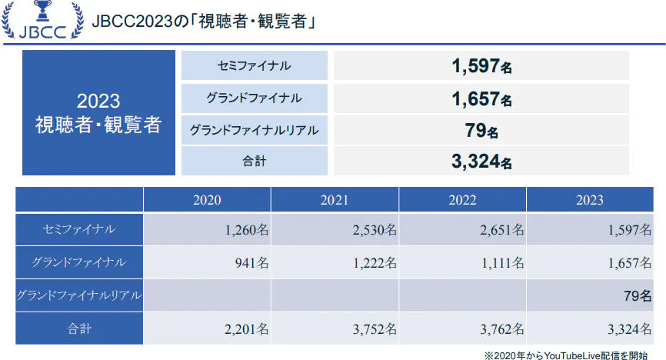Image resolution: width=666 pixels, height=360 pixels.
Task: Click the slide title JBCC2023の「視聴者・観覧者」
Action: pos(205,22)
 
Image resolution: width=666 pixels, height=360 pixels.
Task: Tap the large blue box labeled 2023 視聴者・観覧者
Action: pos(98,113)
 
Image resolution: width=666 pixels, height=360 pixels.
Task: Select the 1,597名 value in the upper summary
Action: pos(481,67)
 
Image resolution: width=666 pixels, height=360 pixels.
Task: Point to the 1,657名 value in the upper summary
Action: pos(481,99)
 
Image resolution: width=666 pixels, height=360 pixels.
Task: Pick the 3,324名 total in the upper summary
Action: pos(481,162)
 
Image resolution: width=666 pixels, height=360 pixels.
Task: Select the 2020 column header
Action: pos(207,200)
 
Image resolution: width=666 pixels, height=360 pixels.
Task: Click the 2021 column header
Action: pos(335,200)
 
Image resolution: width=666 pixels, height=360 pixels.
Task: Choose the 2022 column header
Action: pos(462,200)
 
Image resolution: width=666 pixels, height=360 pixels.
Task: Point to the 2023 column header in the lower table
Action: pos(589,200)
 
